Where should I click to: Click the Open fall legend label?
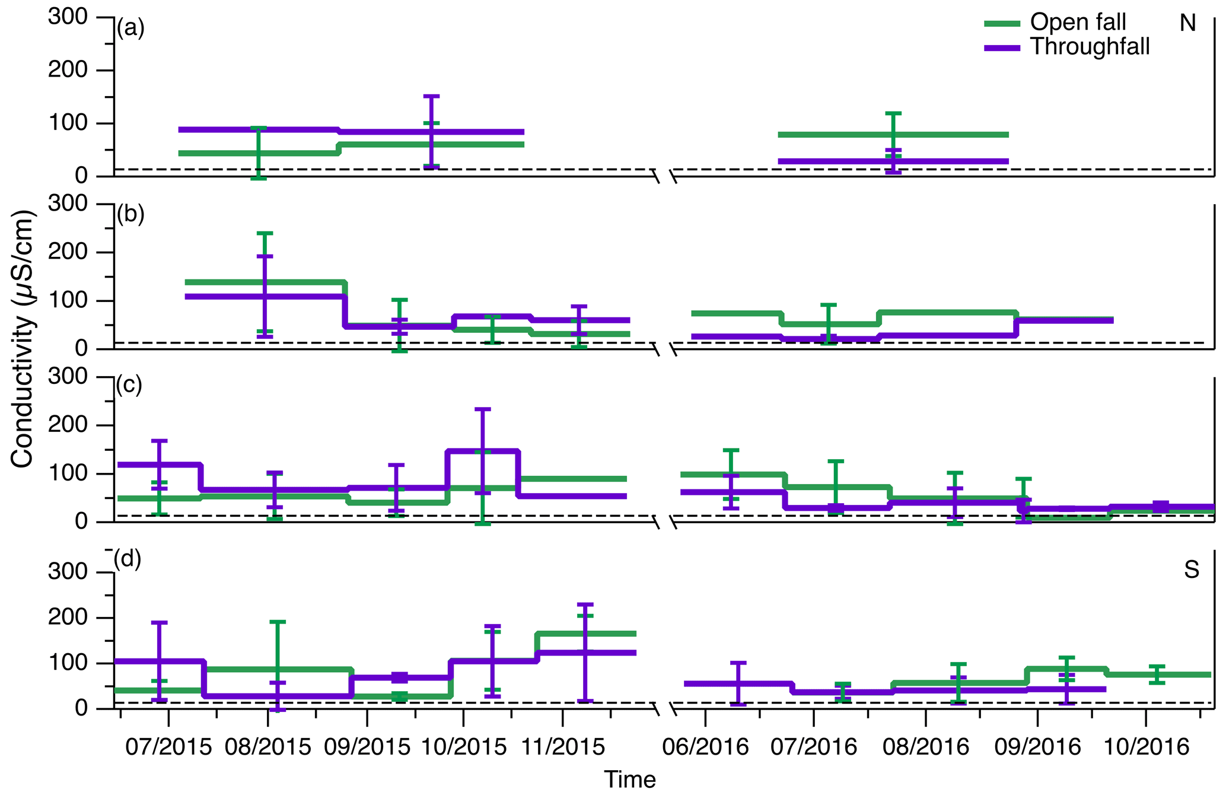[1078, 22]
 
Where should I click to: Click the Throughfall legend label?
[1090, 46]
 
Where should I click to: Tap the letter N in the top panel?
[1187, 23]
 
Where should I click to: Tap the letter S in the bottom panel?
[1192, 570]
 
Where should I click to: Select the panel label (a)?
[130, 27]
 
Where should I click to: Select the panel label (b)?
[130, 214]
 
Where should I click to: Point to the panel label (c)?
[129, 385]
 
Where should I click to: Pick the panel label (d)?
[128, 558]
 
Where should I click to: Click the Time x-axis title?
[630, 779]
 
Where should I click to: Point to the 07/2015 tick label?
[168, 746]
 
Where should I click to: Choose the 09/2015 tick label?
[367, 746]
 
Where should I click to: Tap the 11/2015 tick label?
[562, 746]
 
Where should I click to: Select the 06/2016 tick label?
[706, 746]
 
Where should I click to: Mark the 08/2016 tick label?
[925, 746]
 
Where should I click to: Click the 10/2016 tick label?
[1146, 746]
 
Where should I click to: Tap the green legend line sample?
[1002, 23]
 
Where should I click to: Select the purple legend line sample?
[1002, 47]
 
